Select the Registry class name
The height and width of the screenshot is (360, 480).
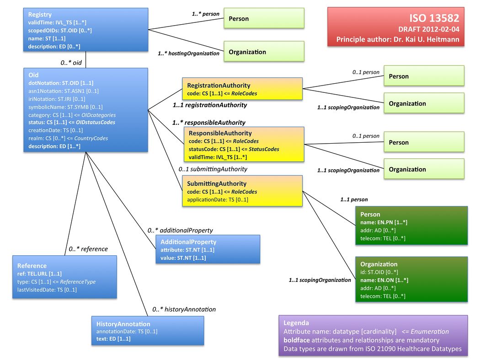point(40,15)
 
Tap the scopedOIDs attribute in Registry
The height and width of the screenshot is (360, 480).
point(60,31)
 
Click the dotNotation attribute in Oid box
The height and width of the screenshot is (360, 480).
point(61,83)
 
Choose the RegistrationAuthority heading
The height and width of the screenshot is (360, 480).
point(219,85)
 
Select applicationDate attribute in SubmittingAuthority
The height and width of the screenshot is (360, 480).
point(218,200)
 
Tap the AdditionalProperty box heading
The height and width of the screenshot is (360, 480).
point(188,242)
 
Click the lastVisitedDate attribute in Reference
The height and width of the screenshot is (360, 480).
point(47,290)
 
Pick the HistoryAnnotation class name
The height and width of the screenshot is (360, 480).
point(123,324)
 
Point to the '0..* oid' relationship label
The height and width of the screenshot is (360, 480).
point(71,63)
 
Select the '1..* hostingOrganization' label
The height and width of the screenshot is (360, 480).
point(188,54)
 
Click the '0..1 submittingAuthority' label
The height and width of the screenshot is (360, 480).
point(213,169)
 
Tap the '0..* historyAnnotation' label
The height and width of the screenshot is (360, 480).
point(184,309)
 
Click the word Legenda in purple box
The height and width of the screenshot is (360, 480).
point(296,322)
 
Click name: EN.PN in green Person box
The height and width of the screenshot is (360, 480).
point(384,222)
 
